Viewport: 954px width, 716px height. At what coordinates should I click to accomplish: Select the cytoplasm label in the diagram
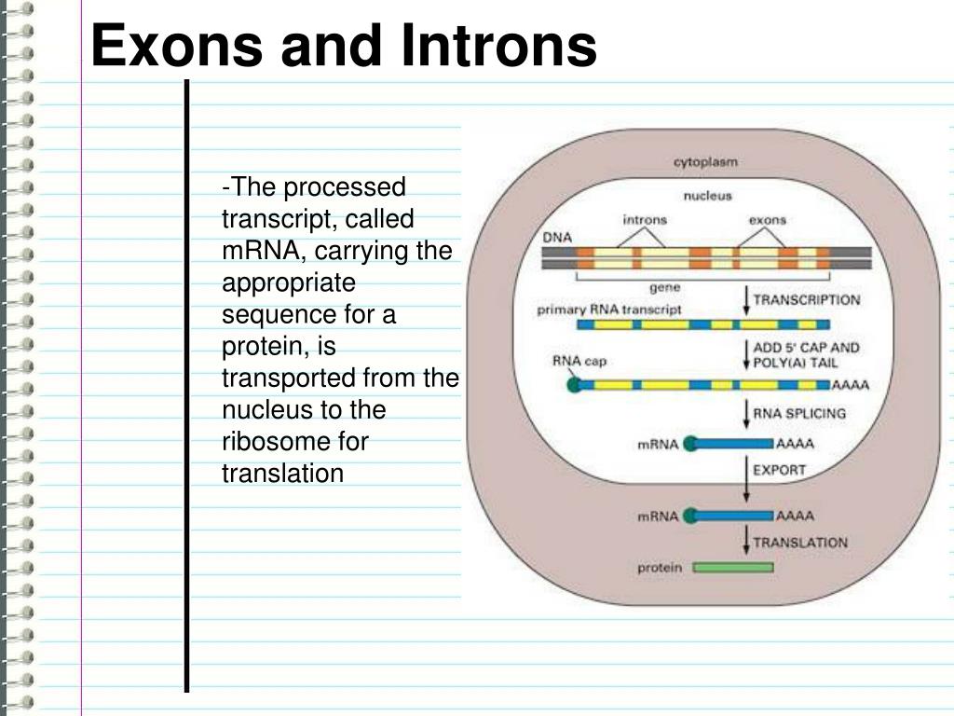pos(705,162)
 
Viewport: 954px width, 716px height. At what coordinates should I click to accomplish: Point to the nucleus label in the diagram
pos(707,196)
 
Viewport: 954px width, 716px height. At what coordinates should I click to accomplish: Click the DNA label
pos(556,238)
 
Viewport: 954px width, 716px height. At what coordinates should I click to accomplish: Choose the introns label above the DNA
pos(645,220)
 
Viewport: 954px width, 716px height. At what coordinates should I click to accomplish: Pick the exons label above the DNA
pos(768,220)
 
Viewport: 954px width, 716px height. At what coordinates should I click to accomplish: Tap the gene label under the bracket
pos(663,288)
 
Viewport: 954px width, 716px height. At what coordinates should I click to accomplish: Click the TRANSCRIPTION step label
pos(807,300)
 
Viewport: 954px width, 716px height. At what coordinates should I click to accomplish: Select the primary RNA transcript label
pos(609,309)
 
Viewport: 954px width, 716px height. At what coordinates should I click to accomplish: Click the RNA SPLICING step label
pos(799,413)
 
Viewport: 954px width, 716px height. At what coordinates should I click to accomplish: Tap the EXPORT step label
pos(779,470)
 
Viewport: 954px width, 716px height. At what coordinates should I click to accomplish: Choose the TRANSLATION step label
pos(800,542)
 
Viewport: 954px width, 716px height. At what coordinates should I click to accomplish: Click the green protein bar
pos(733,567)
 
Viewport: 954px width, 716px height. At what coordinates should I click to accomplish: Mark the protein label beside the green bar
pos(660,567)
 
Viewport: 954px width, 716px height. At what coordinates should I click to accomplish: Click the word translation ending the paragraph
pos(282,474)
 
